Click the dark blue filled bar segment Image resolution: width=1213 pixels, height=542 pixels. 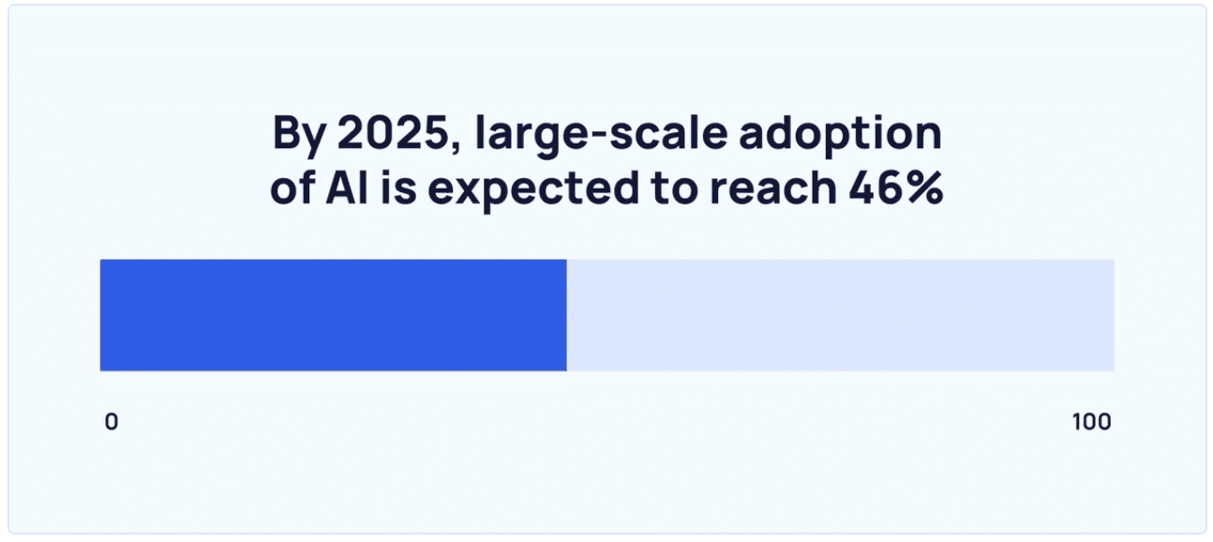click(x=334, y=315)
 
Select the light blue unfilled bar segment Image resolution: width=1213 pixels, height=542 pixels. click(x=841, y=315)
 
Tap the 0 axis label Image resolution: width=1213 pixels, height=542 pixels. click(x=112, y=422)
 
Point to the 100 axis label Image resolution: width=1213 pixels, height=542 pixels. click(x=1092, y=422)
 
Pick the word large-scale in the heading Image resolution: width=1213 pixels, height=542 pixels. click(x=601, y=135)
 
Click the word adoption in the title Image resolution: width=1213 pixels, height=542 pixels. click(x=841, y=135)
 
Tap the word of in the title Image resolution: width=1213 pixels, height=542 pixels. click(x=292, y=188)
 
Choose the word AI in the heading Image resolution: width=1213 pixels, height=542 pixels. click(x=347, y=188)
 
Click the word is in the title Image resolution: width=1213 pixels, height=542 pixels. click(x=398, y=188)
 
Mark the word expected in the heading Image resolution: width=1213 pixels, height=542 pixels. click(x=533, y=190)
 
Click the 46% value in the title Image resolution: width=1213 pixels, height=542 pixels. click(x=895, y=188)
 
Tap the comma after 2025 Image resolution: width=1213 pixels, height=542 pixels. click(x=455, y=147)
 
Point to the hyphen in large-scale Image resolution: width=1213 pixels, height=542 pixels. click(x=597, y=137)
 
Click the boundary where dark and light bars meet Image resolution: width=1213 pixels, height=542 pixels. click(x=567, y=315)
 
